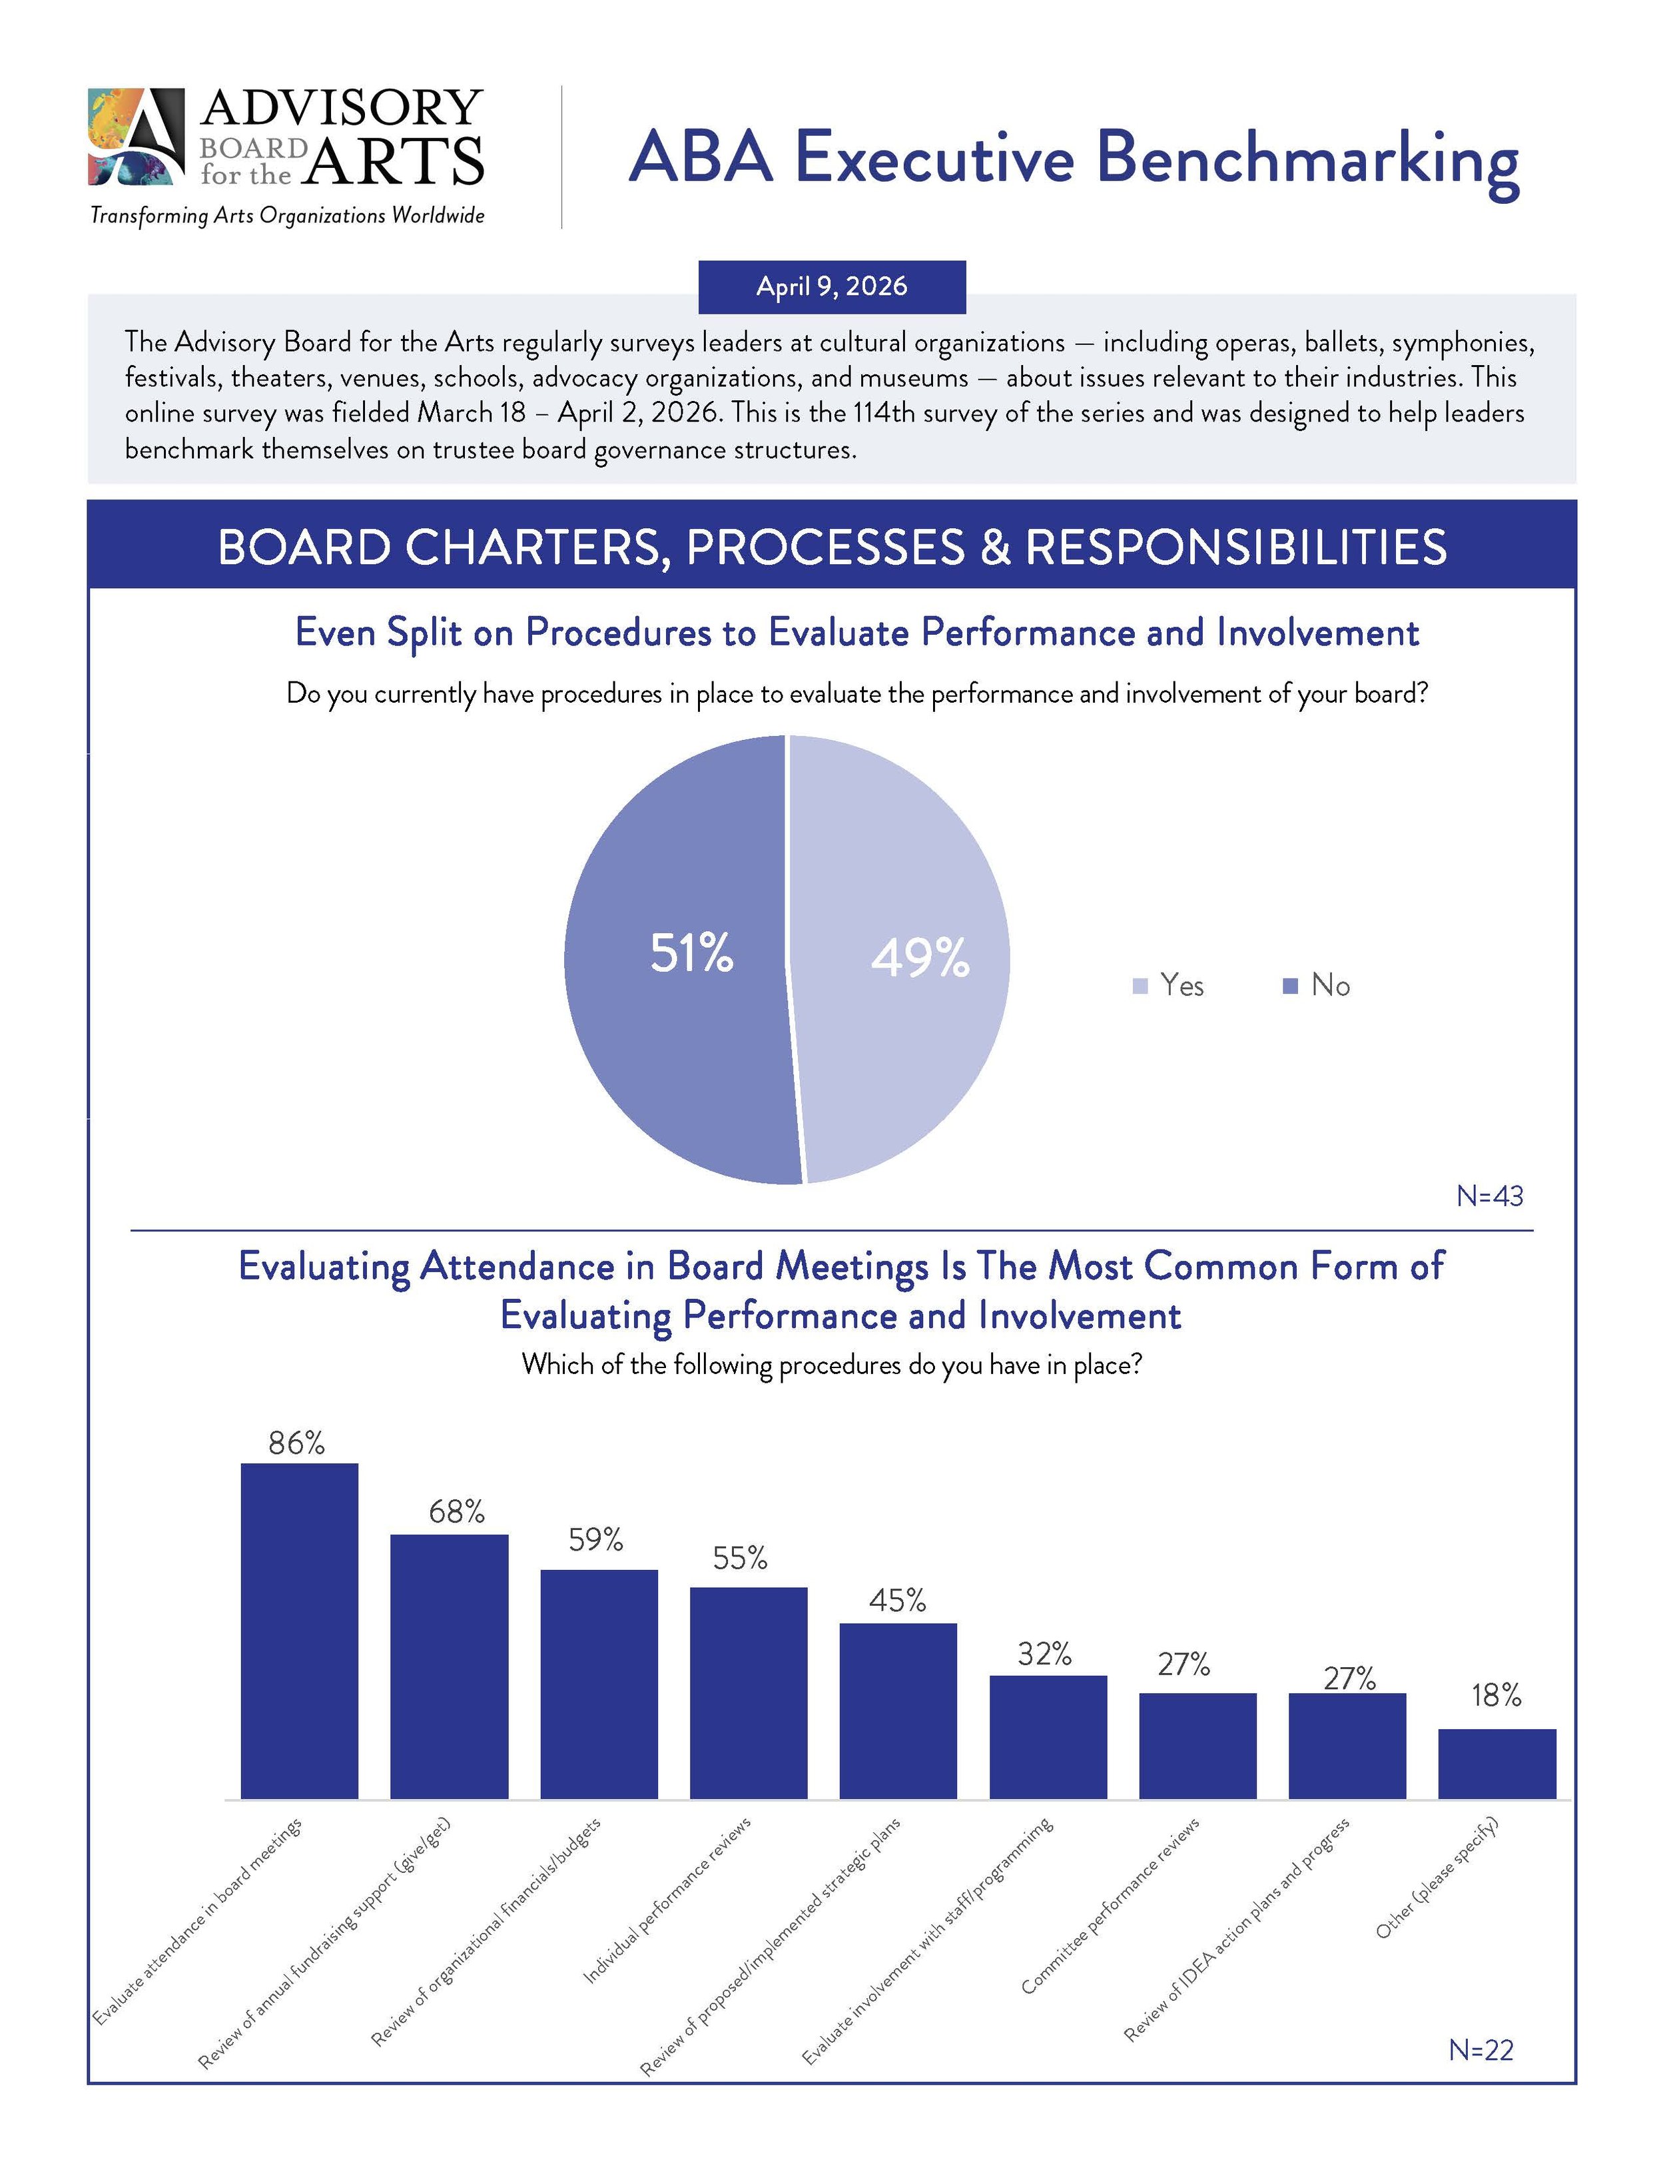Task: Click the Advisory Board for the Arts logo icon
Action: [x=137, y=137]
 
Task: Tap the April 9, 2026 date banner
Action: [x=832, y=286]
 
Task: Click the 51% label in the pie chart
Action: [x=691, y=953]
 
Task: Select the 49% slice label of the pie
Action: [x=920, y=958]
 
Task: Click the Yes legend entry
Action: [x=1169, y=985]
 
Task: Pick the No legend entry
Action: [x=1317, y=985]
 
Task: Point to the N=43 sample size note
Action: [x=1489, y=1196]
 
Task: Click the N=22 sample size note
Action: [x=1481, y=2049]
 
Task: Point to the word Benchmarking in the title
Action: [x=1307, y=158]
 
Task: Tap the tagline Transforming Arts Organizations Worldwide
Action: [x=288, y=215]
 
